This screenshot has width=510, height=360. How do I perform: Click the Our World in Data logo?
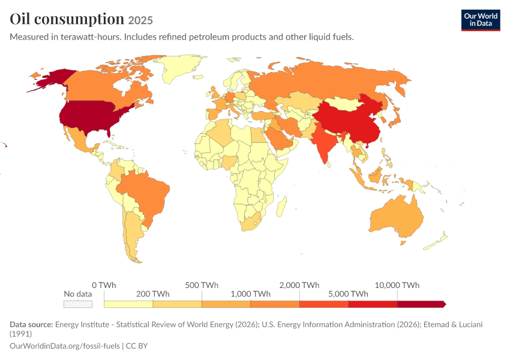[x=481, y=20]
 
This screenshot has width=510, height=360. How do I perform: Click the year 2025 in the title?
[x=140, y=20]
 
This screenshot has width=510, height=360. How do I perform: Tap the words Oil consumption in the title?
[x=67, y=19]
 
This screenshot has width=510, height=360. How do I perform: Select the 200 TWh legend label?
[x=153, y=294]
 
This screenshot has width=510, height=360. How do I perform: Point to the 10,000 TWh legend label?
[x=397, y=285]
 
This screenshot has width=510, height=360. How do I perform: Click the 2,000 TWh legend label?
[x=299, y=285]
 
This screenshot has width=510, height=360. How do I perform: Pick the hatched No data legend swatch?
[x=78, y=304]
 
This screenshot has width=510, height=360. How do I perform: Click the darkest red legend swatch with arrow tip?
[x=422, y=304]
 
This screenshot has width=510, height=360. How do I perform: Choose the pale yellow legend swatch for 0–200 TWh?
[x=128, y=304]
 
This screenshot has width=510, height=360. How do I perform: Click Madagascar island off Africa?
[x=281, y=207]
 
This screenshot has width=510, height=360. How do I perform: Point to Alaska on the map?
[x=53, y=79]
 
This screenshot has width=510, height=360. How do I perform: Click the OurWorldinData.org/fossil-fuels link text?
[x=65, y=346]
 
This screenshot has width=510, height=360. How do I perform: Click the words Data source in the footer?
[x=31, y=325]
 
